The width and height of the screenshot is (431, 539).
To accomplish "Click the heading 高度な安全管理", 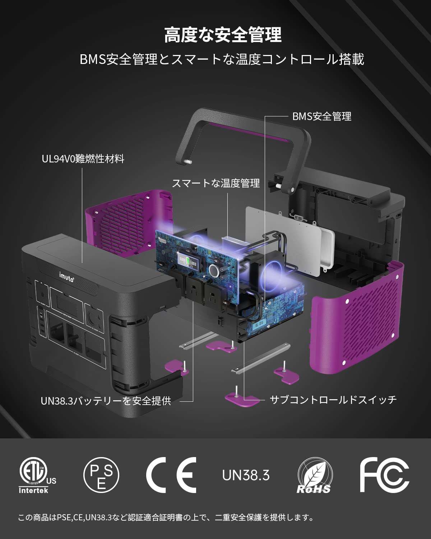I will [223, 35].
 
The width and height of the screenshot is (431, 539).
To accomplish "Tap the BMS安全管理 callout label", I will [321, 116].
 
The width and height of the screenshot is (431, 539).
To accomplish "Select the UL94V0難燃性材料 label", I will [83, 158].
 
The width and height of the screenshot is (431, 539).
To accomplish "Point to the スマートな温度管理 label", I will [216, 183].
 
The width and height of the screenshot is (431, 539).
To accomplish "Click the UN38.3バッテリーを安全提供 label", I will [106, 401].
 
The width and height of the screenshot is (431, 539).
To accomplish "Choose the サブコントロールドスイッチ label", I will [333, 400].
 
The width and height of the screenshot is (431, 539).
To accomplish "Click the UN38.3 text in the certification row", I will [246, 475].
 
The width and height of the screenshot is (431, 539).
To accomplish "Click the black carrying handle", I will [244, 140].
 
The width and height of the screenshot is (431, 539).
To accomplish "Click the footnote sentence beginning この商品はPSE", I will [166, 517].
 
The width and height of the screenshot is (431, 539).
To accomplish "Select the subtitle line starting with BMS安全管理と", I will [222, 59].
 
